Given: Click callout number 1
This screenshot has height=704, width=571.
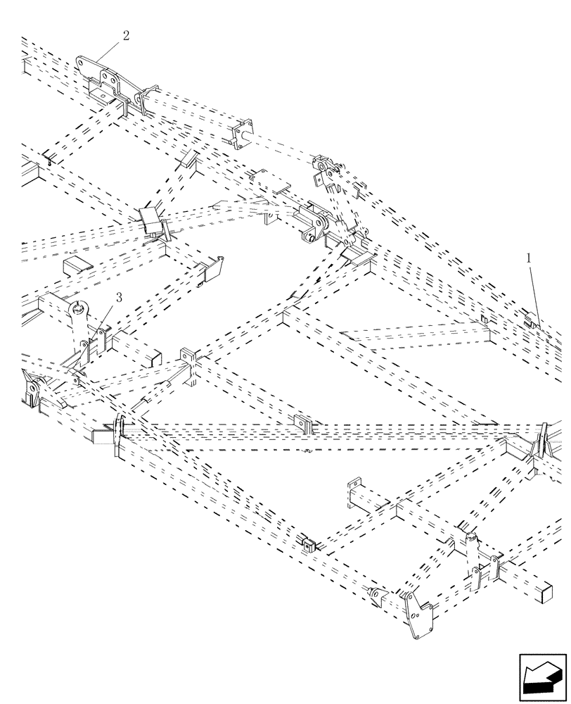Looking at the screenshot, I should pyautogui.click(x=528, y=258).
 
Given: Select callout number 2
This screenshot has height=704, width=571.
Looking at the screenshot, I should pyautogui.click(x=125, y=36).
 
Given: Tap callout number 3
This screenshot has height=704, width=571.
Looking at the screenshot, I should pyautogui.click(x=118, y=298).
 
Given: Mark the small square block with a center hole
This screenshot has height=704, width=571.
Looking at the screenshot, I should pyautogui.click(x=308, y=544).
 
